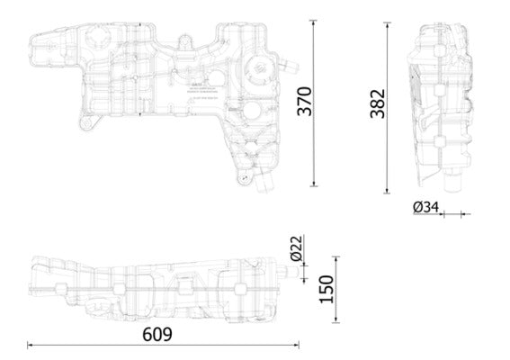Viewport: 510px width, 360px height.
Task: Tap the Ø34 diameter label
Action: (425, 208)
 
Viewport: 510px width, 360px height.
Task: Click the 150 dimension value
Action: (327, 289)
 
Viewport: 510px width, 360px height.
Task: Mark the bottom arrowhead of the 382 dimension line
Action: (389, 190)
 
